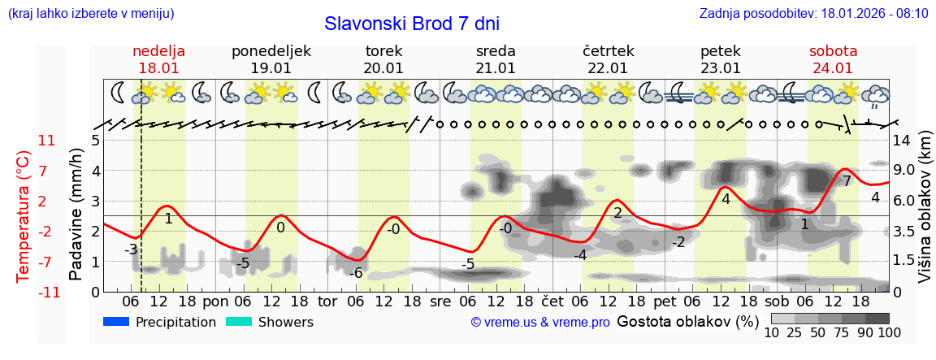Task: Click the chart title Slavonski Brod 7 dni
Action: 412,24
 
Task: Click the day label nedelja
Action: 159,50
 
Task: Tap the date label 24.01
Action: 833,68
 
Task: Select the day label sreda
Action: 496,50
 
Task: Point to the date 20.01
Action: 383,68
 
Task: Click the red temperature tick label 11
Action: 47,141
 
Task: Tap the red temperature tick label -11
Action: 47,292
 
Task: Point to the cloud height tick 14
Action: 902,141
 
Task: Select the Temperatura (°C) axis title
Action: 24,216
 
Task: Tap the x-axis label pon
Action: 215,301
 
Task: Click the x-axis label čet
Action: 552,301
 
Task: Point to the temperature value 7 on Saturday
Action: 847,181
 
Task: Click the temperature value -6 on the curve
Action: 355,273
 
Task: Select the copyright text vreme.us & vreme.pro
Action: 540,323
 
